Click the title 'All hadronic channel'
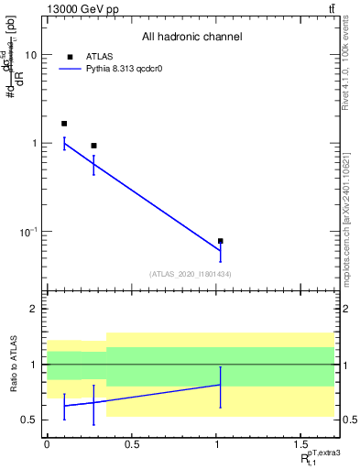point(191,38)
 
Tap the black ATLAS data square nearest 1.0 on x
point(221,241)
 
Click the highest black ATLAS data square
point(64,123)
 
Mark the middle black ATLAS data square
point(93,146)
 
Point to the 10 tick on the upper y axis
point(30,55)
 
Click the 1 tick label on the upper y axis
point(35,144)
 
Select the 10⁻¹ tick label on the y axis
point(28,231)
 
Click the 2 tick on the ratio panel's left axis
point(34,310)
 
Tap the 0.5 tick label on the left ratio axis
point(29,420)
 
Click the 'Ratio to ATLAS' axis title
point(12,365)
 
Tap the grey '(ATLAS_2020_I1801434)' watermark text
point(191,274)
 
